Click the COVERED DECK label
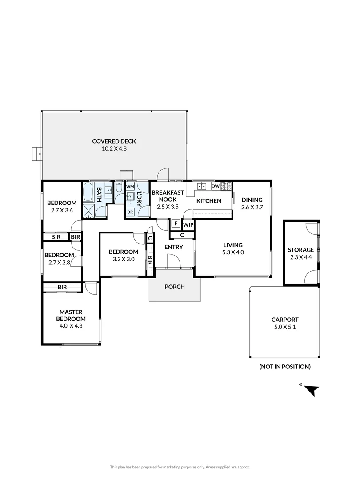point(114,141)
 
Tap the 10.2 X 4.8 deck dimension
point(114,149)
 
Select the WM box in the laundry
point(130,187)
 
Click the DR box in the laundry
point(130,212)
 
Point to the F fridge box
point(176,223)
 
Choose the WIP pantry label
point(188,224)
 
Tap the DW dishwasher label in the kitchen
point(215,186)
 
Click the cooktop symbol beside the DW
point(227,186)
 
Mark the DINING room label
point(252,200)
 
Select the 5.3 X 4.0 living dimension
point(233,252)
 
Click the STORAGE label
point(300,250)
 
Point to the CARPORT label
point(285,320)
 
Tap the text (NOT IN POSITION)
point(285,367)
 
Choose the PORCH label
point(175,287)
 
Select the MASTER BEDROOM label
point(71,315)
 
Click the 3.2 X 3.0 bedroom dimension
point(123,259)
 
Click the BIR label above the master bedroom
point(62,288)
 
